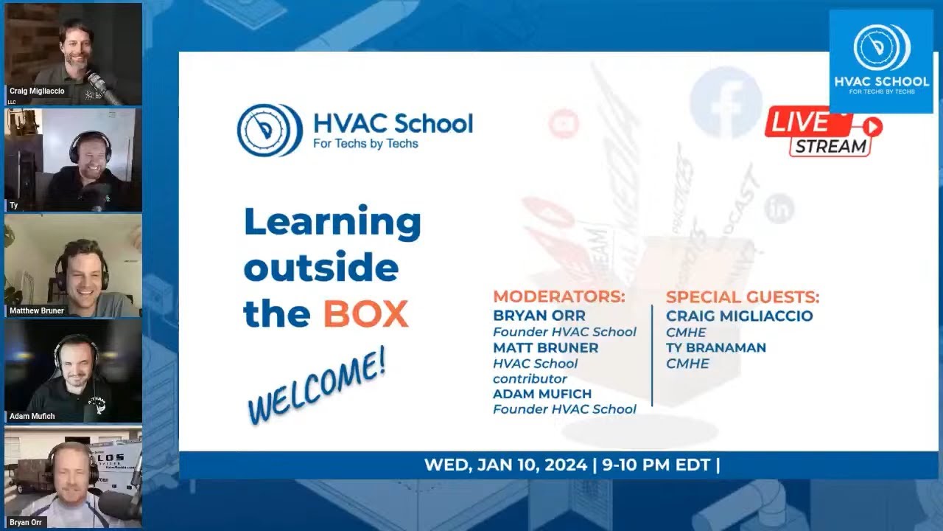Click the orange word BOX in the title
(x=365, y=314)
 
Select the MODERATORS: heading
(x=558, y=297)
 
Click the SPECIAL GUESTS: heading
(x=742, y=297)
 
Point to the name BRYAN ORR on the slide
(x=539, y=316)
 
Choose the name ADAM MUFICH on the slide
(x=541, y=394)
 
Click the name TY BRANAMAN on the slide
(x=715, y=347)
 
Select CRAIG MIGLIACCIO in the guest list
(x=739, y=316)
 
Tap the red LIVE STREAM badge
(x=823, y=131)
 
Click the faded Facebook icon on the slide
(x=725, y=103)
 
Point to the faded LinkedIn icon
(x=779, y=209)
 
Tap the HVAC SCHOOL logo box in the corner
(x=881, y=61)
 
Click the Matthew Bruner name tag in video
(x=37, y=310)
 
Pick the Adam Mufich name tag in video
(x=32, y=416)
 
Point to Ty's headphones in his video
(x=89, y=143)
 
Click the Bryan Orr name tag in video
(x=26, y=522)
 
